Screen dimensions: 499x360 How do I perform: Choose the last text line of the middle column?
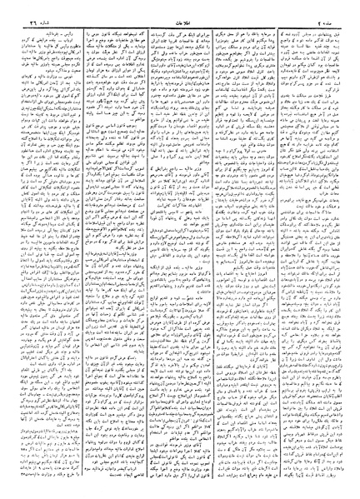click(179, 492)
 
